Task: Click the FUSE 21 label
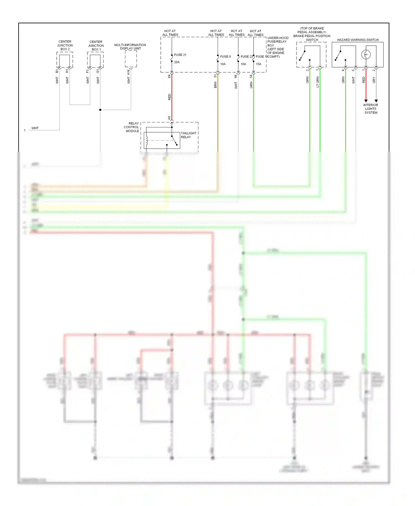180,55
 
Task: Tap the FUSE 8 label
225,56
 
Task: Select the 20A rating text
177,62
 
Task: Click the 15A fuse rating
258,64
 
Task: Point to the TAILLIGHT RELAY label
188,135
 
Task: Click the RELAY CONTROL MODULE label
132,127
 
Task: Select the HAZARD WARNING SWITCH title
358,40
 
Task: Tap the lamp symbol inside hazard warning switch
366,54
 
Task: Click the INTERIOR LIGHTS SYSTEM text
371,109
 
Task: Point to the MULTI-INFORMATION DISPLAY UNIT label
130,47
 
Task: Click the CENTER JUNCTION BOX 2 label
65,45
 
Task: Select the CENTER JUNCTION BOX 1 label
96,46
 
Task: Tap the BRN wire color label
215,85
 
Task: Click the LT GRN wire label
318,82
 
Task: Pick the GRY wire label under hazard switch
374,80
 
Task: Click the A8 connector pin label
169,118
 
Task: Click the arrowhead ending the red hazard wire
366,101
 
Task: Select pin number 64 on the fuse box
169,76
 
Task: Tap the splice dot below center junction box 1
100,110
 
